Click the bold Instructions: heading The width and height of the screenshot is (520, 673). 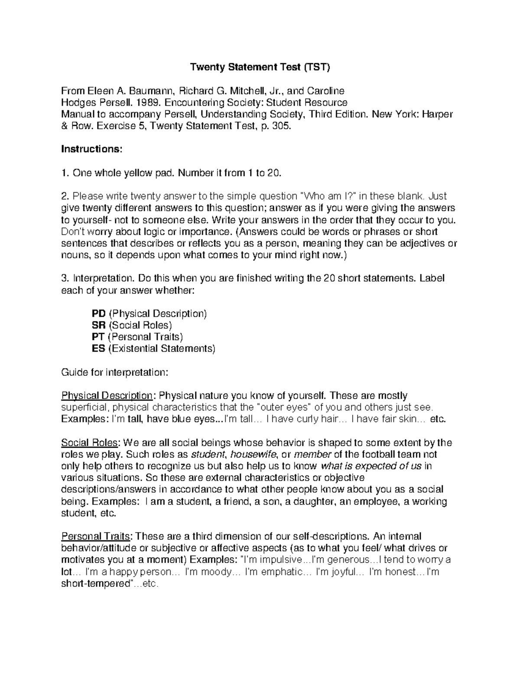tap(92, 149)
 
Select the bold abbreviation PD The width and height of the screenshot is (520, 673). tap(98, 313)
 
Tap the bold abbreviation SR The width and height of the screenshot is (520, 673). tap(98, 325)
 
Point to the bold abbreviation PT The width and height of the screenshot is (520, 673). tap(98, 337)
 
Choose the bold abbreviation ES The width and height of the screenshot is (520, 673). tap(98, 348)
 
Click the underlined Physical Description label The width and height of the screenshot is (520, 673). tap(107, 396)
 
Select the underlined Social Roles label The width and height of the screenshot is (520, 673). tap(90, 443)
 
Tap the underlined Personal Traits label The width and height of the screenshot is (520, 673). tap(96, 536)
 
